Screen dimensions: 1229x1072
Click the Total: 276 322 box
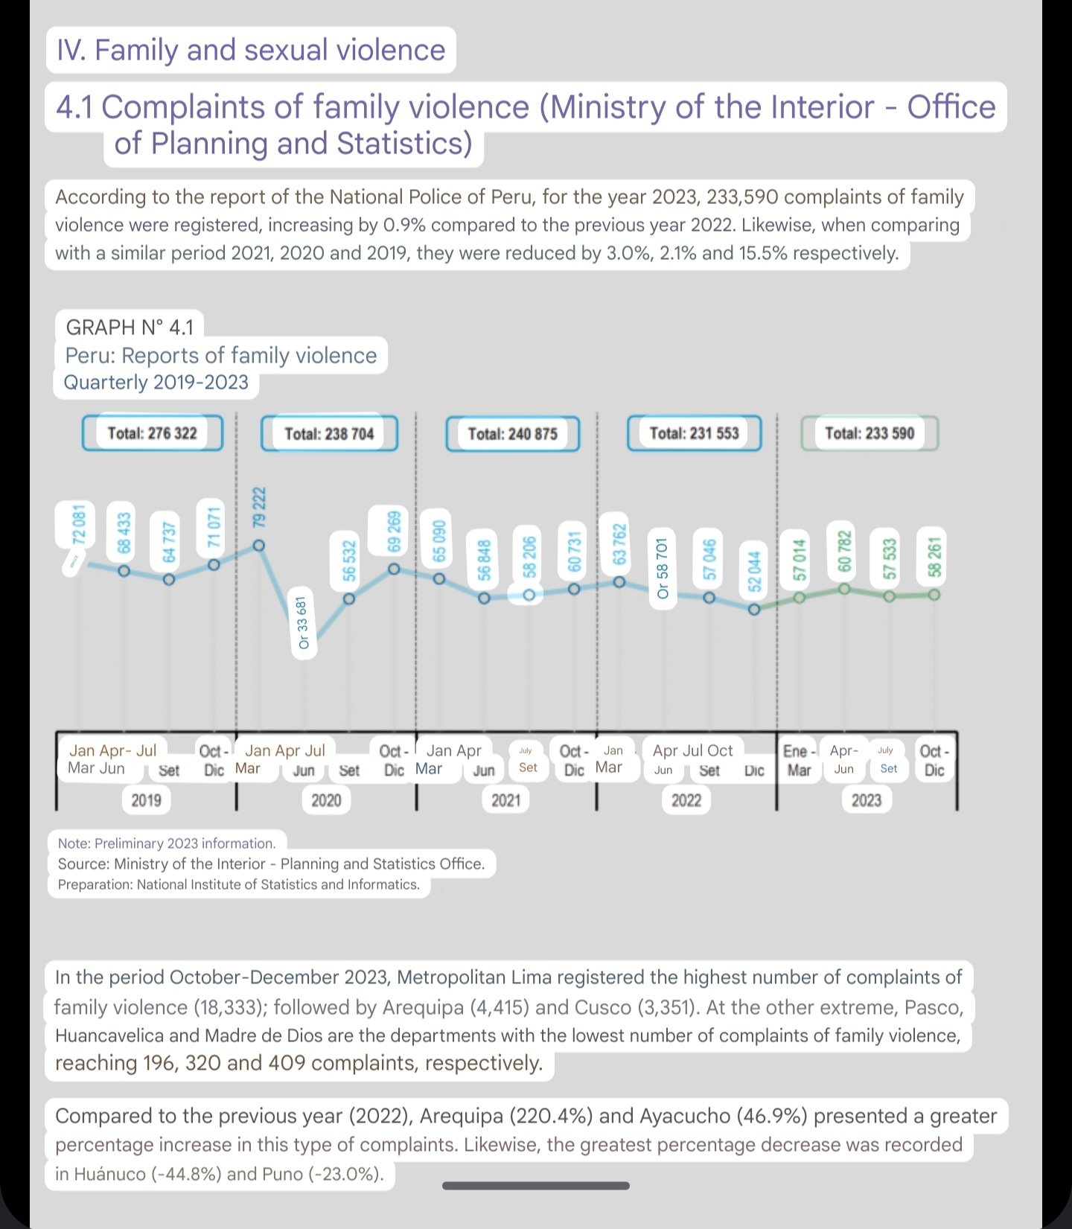[152, 433]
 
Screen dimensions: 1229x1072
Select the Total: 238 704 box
[329, 434]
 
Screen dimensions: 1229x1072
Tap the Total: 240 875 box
[512, 434]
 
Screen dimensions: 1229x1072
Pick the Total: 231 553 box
[694, 433]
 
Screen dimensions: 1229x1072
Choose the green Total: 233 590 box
[869, 433]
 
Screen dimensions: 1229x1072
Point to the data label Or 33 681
[303, 622]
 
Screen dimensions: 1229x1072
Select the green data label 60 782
[844, 551]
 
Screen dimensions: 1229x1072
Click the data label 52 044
[754, 571]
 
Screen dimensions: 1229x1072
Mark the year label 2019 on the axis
[146, 800]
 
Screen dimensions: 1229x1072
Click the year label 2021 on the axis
[506, 800]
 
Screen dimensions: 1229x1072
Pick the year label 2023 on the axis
[867, 800]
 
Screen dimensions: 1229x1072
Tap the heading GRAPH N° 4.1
[130, 327]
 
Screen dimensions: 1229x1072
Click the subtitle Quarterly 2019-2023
[156, 383]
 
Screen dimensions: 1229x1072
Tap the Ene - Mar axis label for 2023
[799, 760]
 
